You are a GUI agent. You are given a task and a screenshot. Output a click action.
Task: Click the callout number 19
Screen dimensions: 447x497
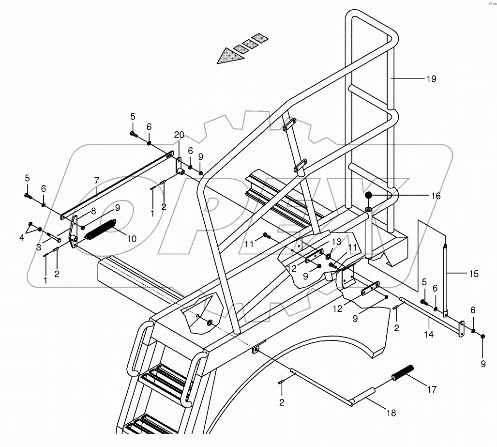431,79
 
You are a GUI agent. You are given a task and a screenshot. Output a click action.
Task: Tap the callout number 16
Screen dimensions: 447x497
436,196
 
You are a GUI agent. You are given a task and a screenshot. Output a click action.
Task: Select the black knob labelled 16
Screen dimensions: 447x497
369,196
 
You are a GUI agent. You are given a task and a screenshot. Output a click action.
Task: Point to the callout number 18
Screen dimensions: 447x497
391,413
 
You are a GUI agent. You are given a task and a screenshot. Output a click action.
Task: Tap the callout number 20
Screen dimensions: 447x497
179,134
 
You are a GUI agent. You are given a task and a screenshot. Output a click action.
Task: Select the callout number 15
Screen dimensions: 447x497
473,274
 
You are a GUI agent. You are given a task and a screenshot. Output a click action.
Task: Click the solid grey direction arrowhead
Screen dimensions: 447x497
230,57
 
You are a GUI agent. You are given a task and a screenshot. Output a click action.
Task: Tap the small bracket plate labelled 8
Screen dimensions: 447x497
74,231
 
